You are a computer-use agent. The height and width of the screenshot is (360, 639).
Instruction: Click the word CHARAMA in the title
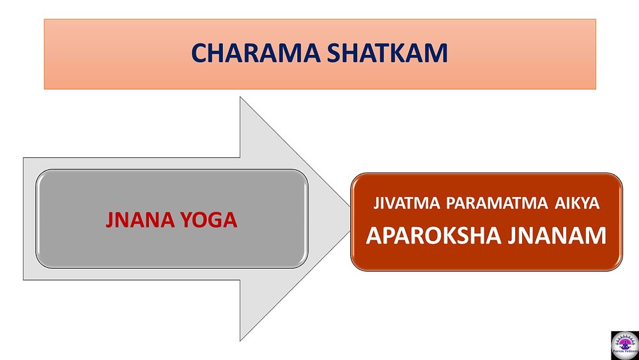[x=256, y=53]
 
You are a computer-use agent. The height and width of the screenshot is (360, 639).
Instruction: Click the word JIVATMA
[x=408, y=203]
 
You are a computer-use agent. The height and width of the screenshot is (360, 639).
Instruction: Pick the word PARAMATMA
[x=497, y=203]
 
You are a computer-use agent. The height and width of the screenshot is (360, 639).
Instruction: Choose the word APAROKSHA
[x=434, y=235]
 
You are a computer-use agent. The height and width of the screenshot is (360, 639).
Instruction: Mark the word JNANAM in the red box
[x=557, y=235]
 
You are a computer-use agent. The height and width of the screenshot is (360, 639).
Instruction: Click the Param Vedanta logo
[x=625, y=345]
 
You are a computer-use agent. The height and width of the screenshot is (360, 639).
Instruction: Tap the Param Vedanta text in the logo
[x=625, y=356]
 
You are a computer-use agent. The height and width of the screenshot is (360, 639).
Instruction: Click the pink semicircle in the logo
[x=625, y=340]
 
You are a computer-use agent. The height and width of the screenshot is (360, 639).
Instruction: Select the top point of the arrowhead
[x=240, y=97]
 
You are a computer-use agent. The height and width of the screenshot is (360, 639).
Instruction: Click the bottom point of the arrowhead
[x=240, y=340]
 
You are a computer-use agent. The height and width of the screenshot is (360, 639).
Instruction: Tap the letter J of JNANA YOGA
[x=110, y=221]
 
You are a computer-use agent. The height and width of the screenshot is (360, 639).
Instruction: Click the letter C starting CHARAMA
[x=199, y=53]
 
